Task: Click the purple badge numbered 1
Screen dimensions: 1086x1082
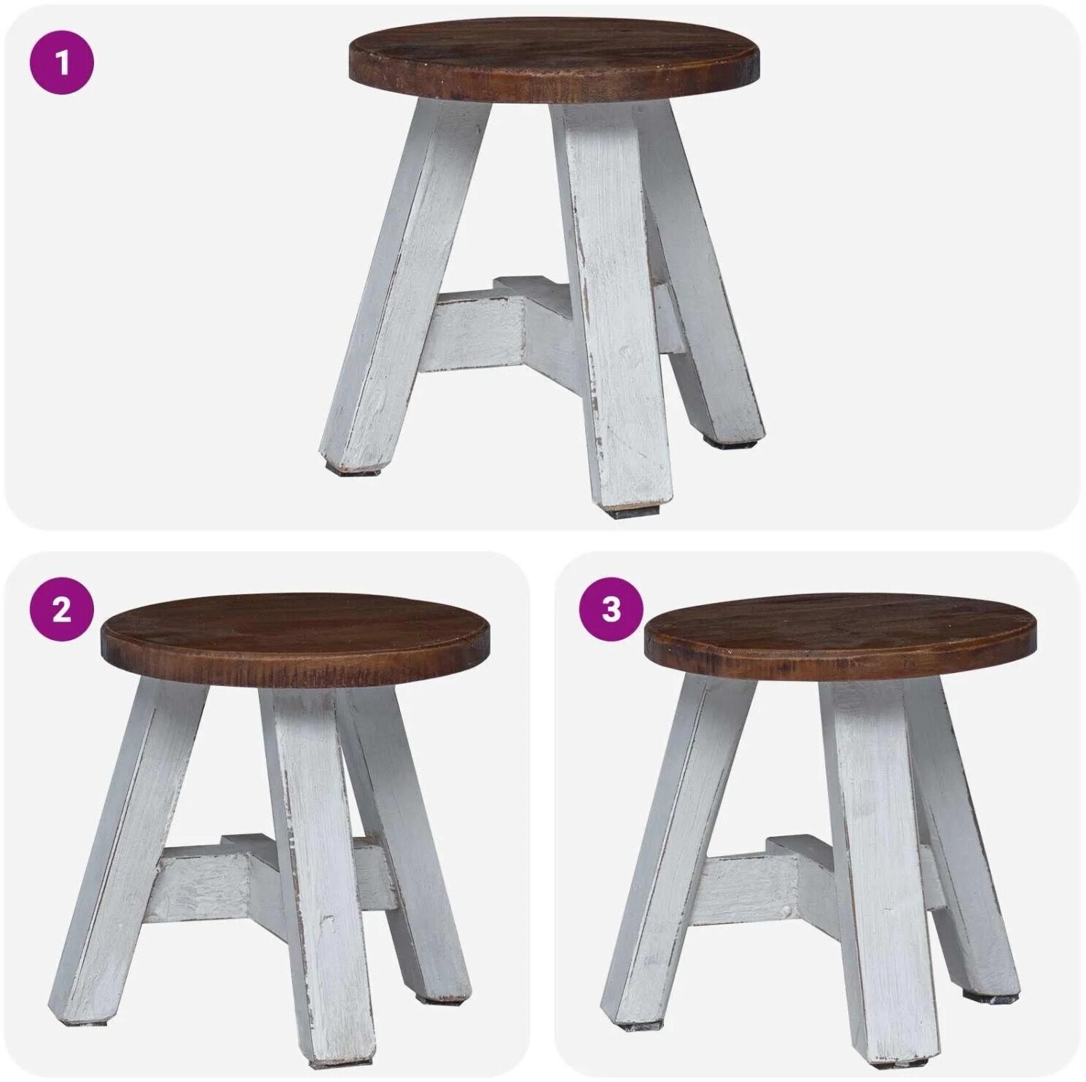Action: pos(62,63)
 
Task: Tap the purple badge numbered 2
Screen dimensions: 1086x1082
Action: pos(62,610)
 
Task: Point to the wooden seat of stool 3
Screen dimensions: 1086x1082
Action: pos(840,638)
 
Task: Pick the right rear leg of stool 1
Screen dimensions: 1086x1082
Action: pos(700,270)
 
